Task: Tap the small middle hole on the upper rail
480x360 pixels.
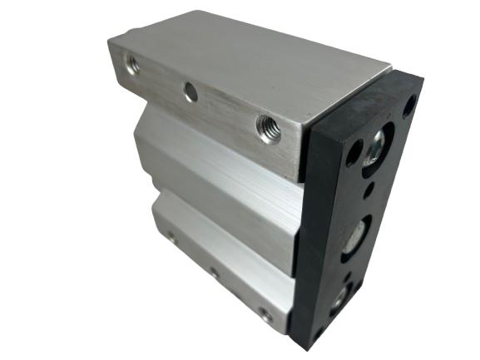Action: tap(191, 92)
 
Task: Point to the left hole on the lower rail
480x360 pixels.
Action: tap(171, 236)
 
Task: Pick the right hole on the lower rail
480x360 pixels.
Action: tap(265, 314)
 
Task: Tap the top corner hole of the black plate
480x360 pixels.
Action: tap(409, 105)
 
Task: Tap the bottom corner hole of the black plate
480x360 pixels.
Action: tap(317, 335)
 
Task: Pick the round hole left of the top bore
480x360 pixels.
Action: tap(353, 152)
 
